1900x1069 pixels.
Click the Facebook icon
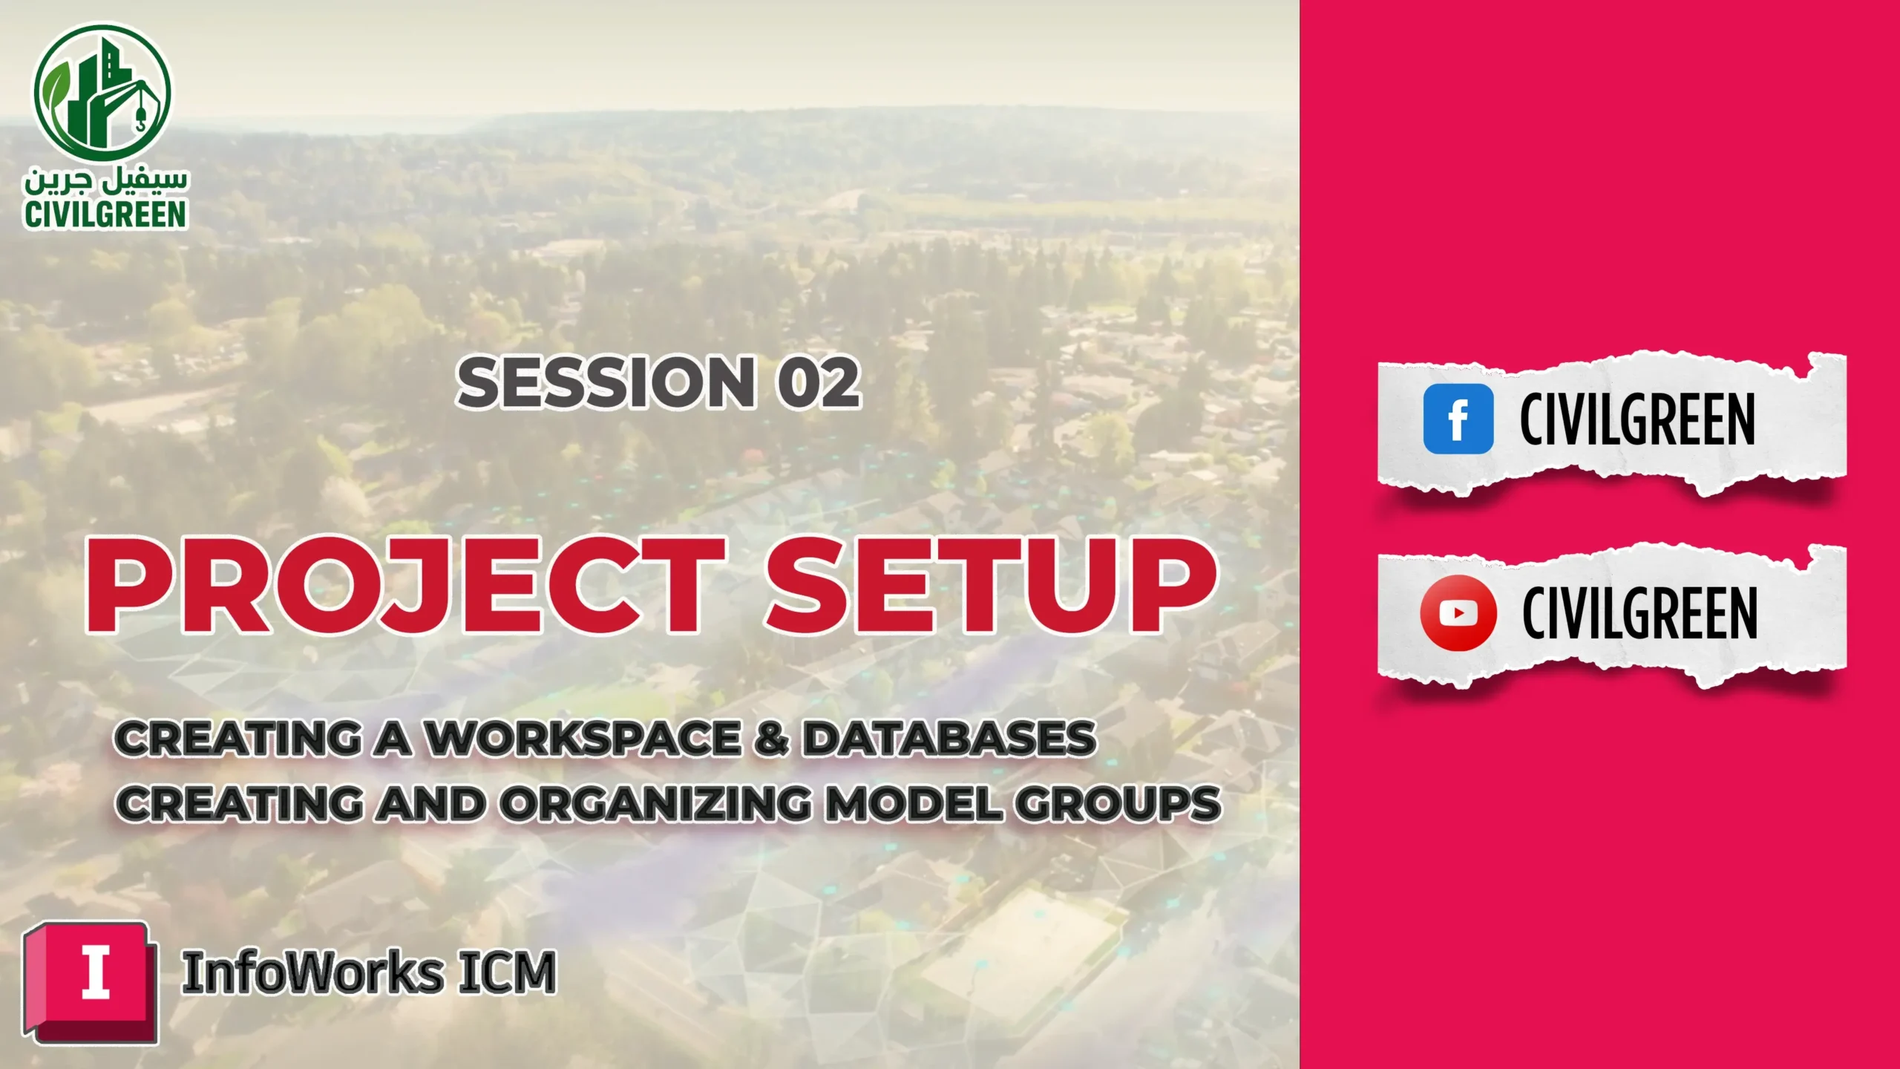(1458, 419)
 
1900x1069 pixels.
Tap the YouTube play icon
(1458, 613)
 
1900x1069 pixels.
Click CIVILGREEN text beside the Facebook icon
(1637, 420)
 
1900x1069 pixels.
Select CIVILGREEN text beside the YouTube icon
(1639, 613)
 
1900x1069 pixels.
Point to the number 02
(819, 382)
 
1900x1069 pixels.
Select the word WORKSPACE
(582, 739)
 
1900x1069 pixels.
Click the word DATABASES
(949, 739)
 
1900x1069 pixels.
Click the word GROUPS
(1118, 804)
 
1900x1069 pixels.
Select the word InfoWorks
(312, 972)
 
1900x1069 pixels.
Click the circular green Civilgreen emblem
(102, 92)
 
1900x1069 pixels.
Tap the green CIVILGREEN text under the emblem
(105, 215)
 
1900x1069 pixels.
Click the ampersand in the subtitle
(772, 739)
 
